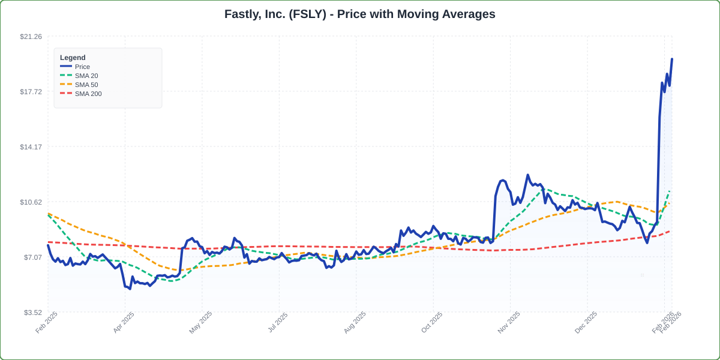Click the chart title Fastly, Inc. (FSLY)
coord(360,14)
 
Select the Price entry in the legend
coord(82,67)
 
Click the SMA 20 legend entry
coord(86,76)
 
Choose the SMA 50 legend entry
coord(86,85)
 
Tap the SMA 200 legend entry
coord(88,94)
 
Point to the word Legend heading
coord(73,58)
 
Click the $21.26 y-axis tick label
coord(31,37)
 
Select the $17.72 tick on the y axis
coord(31,92)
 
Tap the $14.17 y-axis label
coord(31,147)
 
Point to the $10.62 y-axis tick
coord(31,202)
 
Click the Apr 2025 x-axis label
coord(124,322)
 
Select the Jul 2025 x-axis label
coord(278,322)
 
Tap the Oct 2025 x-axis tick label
coord(433,322)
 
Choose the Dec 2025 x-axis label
coord(587,322)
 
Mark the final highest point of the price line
coord(672,59)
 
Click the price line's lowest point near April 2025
coord(130,289)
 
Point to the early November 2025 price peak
coord(527,175)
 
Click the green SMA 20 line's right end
coord(669,191)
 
